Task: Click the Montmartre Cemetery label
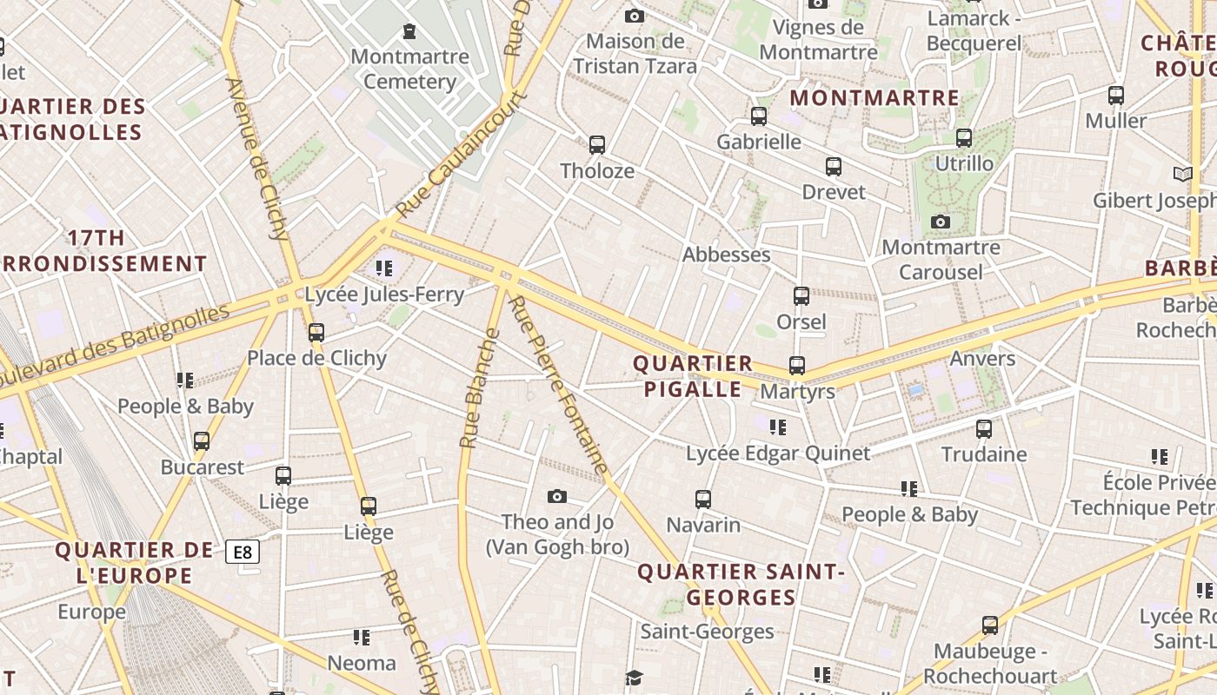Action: [409, 69]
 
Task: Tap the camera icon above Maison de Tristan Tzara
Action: [635, 16]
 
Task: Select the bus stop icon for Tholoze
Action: [596, 145]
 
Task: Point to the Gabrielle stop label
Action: [759, 142]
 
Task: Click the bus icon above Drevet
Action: [834, 167]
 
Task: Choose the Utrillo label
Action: [964, 163]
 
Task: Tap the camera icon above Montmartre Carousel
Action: [940, 222]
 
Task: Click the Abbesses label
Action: [727, 255]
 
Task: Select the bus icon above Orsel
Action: [801, 296]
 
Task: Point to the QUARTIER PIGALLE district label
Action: [693, 376]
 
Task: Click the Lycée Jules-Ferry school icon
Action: [384, 268]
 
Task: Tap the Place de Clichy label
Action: [316, 358]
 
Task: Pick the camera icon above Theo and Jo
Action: [557, 497]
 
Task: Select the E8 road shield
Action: [243, 551]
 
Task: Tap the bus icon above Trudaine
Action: [984, 429]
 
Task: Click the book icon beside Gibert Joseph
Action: [1182, 175]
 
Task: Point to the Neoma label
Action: [362, 664]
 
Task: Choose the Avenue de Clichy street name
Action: [257, 159]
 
